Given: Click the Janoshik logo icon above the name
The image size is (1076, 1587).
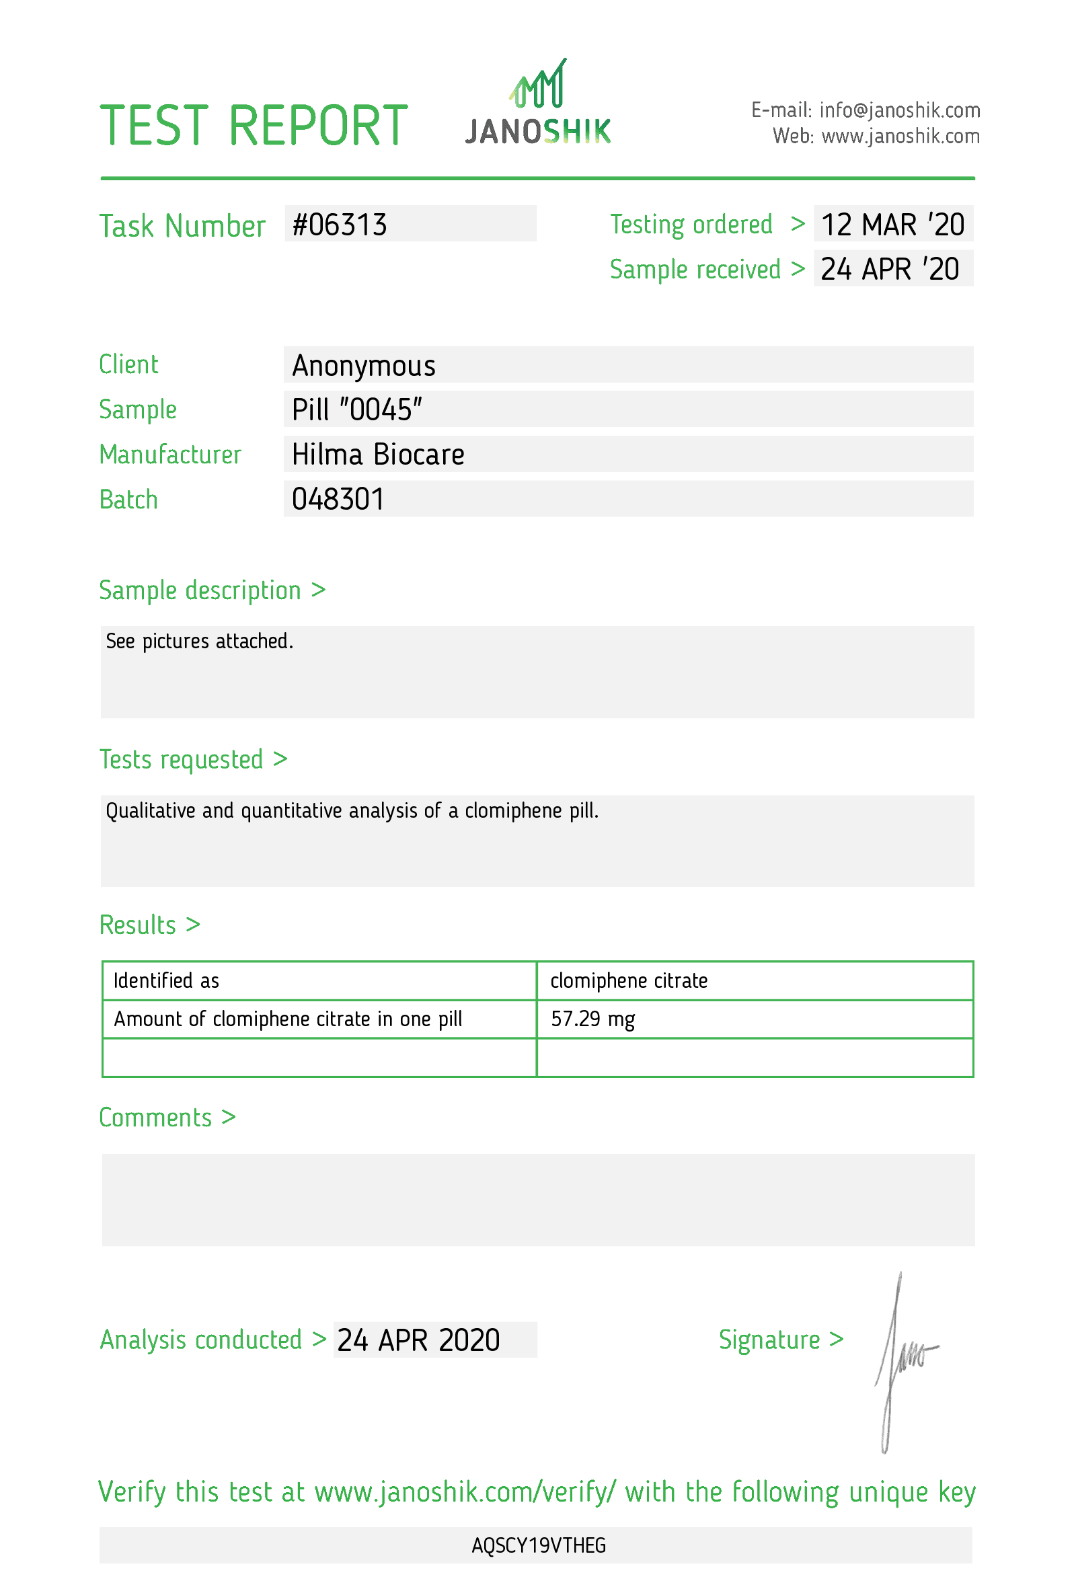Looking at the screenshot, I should [x=538, y=84].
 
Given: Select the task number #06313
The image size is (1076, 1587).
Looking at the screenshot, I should [x=340, y=225].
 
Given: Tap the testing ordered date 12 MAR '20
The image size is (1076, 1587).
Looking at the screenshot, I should [x=892, y=225].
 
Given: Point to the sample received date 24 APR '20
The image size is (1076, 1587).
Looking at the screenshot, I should [x=889, y=269].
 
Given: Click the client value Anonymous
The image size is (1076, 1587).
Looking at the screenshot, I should [x=363, y=365].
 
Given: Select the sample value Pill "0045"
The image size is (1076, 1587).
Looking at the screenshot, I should [x=356, y=410].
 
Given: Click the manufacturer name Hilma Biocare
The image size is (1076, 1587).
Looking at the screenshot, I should [x=377, y=455].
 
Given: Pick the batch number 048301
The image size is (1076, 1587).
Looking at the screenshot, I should [x=338, y=499].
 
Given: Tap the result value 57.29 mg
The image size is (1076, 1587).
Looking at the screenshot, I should [x=592, y=1019].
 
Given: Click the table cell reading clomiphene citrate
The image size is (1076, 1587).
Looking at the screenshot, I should [x=628, y=980].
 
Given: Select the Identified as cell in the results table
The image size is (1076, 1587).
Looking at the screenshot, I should [x=166, y=980].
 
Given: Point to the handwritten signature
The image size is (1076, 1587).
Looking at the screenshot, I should [x=900, y=1359].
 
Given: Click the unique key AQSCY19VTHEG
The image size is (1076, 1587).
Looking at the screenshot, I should [x=538, y=1545].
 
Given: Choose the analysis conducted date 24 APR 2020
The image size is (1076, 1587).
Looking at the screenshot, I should [x=418, y=1340].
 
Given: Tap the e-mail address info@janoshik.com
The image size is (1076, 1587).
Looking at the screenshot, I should [x=899, y=110].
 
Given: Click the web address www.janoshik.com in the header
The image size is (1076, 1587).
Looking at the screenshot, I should [x=900, y=137].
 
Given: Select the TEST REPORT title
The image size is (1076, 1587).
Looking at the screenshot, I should [x=254, y=126].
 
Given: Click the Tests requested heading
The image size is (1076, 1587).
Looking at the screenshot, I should [x=181, y=759].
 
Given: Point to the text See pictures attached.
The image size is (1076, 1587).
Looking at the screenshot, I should [x=199, y=642].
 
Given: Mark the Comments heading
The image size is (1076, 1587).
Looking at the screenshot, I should [x=155, y=1118].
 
